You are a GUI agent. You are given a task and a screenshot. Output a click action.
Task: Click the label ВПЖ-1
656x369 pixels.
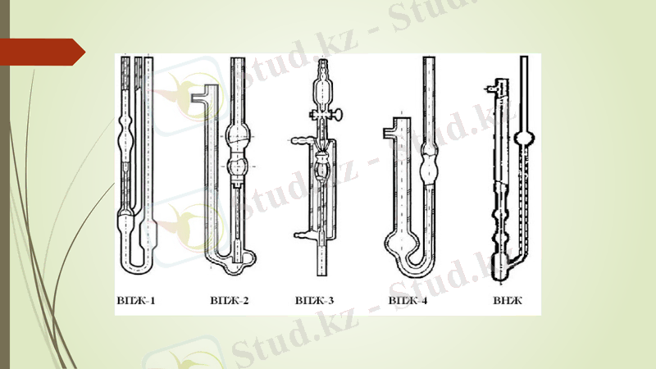click(135, 302)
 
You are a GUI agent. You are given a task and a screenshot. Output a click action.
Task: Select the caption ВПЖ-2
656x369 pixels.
click(230, 302)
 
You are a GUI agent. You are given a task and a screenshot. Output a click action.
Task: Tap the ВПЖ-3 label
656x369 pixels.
click(315, 302)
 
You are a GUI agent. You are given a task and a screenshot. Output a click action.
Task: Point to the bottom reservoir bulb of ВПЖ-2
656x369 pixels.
click(239, 261)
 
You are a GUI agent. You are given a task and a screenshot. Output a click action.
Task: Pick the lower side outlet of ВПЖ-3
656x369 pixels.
click(300, 236)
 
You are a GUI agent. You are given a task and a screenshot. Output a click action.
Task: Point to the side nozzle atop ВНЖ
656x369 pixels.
click(492, 84)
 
